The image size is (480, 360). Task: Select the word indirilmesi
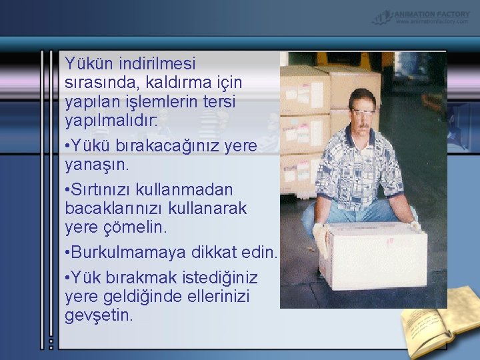[x=157, y=64]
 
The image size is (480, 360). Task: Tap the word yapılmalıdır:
[x=111, y=121]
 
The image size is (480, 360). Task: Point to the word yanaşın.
[x=97, y=164]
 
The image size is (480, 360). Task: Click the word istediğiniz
[x=217, y=277]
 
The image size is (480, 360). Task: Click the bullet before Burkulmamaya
[x=67, y=253]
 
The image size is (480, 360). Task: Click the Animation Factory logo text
[x=432, y=13]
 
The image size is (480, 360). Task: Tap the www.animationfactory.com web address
[x=432, y=21]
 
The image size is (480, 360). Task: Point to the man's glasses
[x=364, y=112]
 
